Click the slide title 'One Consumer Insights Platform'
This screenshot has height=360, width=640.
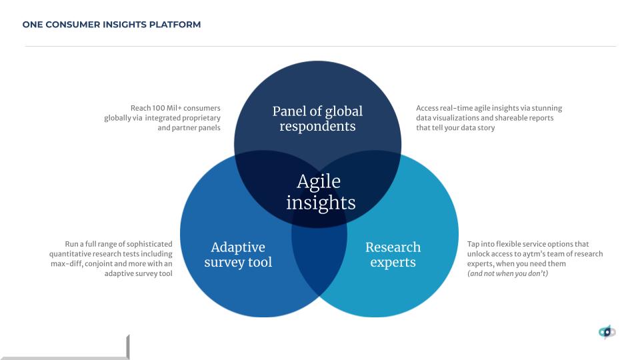click(x=111, y=25)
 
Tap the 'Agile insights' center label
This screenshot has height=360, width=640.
click(x=321, y=192)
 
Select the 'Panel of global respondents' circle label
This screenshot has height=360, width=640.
click(x=317, y=119)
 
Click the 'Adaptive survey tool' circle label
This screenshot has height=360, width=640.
click(x=238, y=255)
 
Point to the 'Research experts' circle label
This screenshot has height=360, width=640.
click(x=393, y=255)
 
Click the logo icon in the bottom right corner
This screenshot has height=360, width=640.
click(x=607, y=332)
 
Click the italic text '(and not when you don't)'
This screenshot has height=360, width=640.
click(x=507, y=273)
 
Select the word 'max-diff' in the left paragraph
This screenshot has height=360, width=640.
click(x=66, y=264)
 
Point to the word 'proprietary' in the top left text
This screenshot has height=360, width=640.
click(x=201, y=119)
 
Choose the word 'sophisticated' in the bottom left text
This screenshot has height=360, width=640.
click(x=149, y=244)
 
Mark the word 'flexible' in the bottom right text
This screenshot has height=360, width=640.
click(x=509, y=244)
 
